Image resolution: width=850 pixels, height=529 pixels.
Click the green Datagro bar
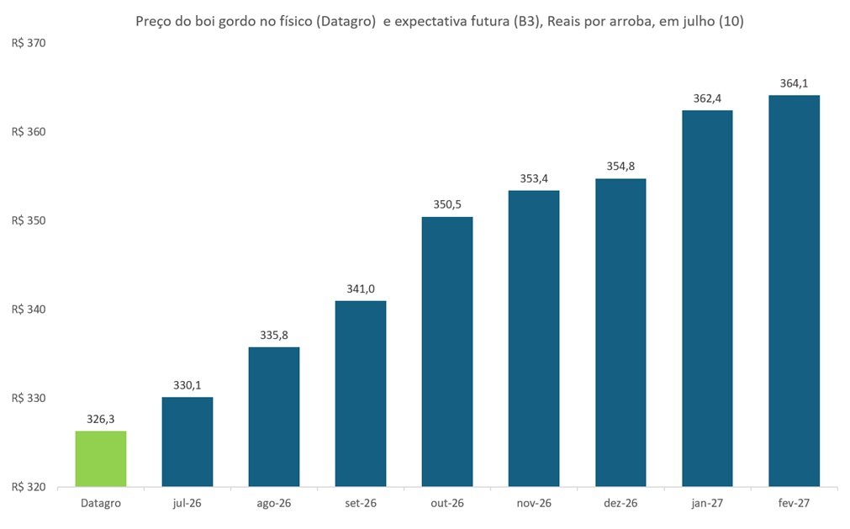point(101,458)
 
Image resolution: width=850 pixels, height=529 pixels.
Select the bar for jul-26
point(187,442)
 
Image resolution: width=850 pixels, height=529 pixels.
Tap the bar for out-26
point(447,352)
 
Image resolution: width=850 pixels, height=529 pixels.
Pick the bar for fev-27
point(795,291)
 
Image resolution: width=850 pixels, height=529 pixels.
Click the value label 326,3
point(101,419)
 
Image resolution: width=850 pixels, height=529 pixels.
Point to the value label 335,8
point(274,335)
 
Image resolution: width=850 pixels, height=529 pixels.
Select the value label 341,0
point(361,289)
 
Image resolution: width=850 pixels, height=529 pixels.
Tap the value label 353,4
point(534,178)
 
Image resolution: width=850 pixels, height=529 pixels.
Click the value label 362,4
point(707,98)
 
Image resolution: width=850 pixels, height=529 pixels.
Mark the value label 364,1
point(795,83)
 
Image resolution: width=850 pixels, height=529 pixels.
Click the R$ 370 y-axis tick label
point(29,44)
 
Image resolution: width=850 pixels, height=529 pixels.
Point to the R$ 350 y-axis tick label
point(29,220)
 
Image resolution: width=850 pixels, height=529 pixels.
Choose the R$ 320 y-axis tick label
point(29,487)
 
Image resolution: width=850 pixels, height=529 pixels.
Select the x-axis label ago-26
point(274,504)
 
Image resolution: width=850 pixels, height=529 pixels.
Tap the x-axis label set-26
point(361,504)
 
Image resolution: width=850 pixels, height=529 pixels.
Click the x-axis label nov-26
point(534,504)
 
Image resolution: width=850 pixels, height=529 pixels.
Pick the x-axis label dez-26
point(620,504)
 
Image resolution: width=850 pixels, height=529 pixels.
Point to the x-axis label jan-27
point(707,504)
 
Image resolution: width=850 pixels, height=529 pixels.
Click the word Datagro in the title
point(346,22)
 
